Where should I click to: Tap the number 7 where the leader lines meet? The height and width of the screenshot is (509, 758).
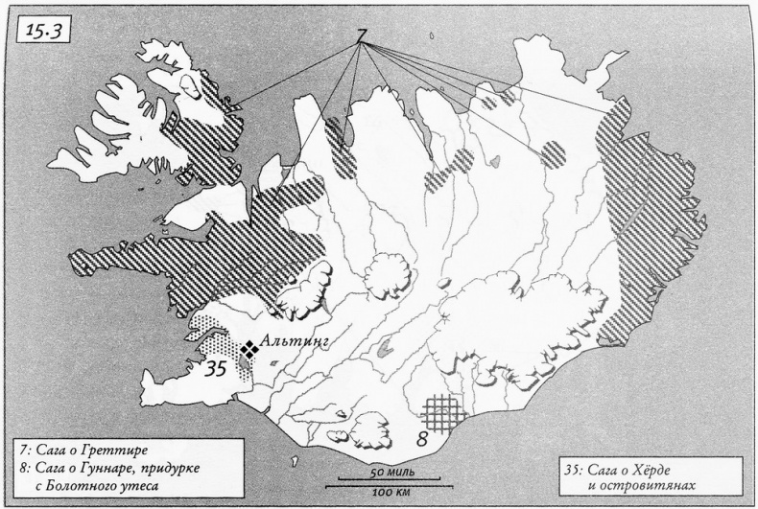point(362,36)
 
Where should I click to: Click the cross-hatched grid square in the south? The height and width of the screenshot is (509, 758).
point(445,413)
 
